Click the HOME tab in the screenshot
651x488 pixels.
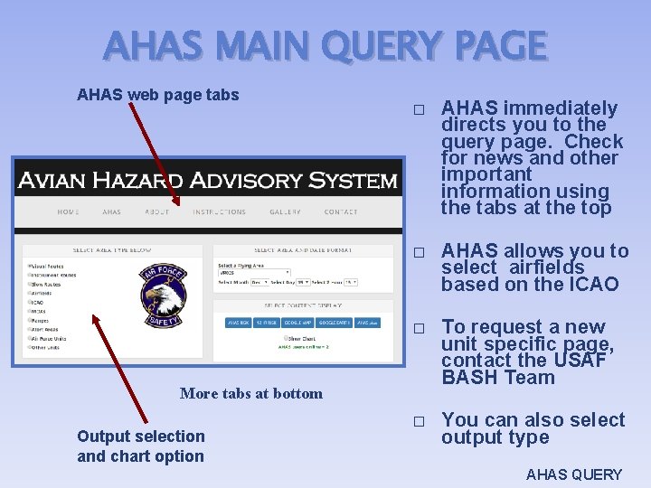pyautogui.click(x=68, y=211)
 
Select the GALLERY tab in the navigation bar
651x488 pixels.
pyautogui.click(x=285, y=211)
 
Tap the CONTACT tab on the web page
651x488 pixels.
pyautogui.click(x=340, y=211)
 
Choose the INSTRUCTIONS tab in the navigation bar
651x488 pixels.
pyautogui.click(x=219, y=211)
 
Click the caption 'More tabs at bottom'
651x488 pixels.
pyautogui.click(x=250, y=393)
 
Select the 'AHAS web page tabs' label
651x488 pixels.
pyautogui.click(x=158, y=94)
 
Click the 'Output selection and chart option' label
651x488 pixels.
pyautogui.click(x=140, y=446)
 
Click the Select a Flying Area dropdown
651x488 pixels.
pyautogui.click(x=254, y=271)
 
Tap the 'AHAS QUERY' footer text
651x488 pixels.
pyautogui.click(x=574, y=474)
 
